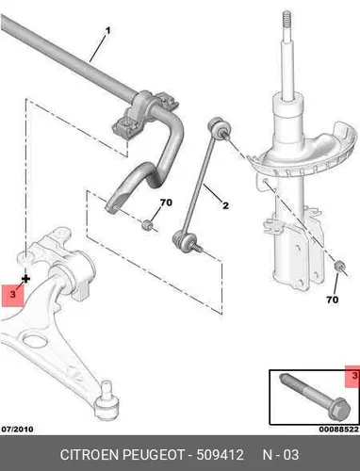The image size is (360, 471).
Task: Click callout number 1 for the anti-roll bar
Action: [x=107, y=31]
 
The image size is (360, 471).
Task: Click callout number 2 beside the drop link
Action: [x=225, y=205]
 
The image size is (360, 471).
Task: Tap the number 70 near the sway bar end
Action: [x=166, y=203]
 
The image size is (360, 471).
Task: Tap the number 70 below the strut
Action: [x=333, y=300]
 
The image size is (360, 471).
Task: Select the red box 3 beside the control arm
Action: [x=12, y=295]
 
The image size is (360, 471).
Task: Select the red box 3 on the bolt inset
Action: [x=352, y=376]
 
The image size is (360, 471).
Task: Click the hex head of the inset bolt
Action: [x=342, y=409]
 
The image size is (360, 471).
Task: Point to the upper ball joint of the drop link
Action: [x=219, y=127]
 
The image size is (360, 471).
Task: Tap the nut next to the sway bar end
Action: [x=147, y=225]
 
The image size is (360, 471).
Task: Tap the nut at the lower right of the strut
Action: [x=339, y=266]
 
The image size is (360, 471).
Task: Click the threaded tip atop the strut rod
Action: [x=286, y=22]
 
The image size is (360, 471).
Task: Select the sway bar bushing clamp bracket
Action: [x=145, y=115]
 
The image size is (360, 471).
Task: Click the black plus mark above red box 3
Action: [x=25, y=279]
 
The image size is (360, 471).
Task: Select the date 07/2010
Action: [x=17, y=429]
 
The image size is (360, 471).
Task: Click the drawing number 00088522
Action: [x=339, y=430]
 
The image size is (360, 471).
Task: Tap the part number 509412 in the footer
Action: [x=220, y=455]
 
